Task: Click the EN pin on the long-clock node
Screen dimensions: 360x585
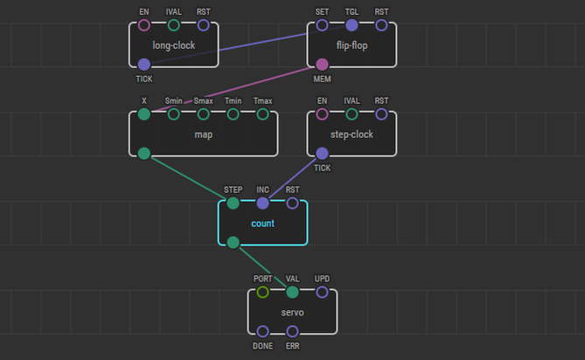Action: coord(144,24)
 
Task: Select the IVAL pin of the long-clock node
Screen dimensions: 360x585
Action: coord(174,24)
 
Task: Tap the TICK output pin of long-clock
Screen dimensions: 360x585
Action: coord(144,64)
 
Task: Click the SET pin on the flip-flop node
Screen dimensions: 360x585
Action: coord(322,24)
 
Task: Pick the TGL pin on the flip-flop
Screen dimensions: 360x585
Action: coord(352,24)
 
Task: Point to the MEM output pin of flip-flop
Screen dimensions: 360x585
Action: coord(322,64)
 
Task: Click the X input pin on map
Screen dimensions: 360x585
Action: coord(144,114)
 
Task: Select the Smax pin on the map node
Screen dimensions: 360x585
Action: coord(204,114)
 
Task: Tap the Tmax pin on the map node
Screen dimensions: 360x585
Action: coord(262,114)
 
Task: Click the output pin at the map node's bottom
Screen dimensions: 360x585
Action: coord(144,153)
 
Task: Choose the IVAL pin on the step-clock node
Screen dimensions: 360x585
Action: coord(352,114)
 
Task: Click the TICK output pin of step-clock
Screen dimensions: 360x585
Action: coord(322,153)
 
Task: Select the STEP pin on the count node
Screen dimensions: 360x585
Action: coord(233,203)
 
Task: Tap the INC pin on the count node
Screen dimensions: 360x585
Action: coord(262,203)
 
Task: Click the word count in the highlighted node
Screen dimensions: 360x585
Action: coord(262,223)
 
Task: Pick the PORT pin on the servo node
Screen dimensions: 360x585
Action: coord(262,292)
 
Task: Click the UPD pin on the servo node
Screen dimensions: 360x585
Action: coord(322,292)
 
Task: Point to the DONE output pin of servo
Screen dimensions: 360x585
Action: coord(262,331)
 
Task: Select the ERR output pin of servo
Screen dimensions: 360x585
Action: coord(292,331)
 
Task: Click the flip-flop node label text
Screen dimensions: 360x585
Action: coord(352,45)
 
